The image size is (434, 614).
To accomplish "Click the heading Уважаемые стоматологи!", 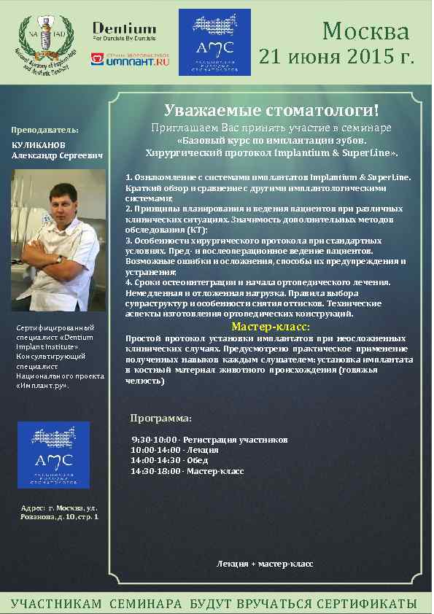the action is pyautogui.click(x=271, y=111).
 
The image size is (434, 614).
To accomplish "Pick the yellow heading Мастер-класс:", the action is pyautogui.click(x=270, y=327).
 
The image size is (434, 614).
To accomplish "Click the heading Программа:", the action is pyautogui.click(x=160, y=419).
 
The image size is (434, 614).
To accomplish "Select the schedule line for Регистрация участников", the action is pyautogui.click(x=209, y=440).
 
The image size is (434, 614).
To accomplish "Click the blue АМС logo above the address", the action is pyautogui.click(x=53, y=455).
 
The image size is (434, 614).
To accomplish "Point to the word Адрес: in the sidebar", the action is pyautogui.click(x=34, y=507).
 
